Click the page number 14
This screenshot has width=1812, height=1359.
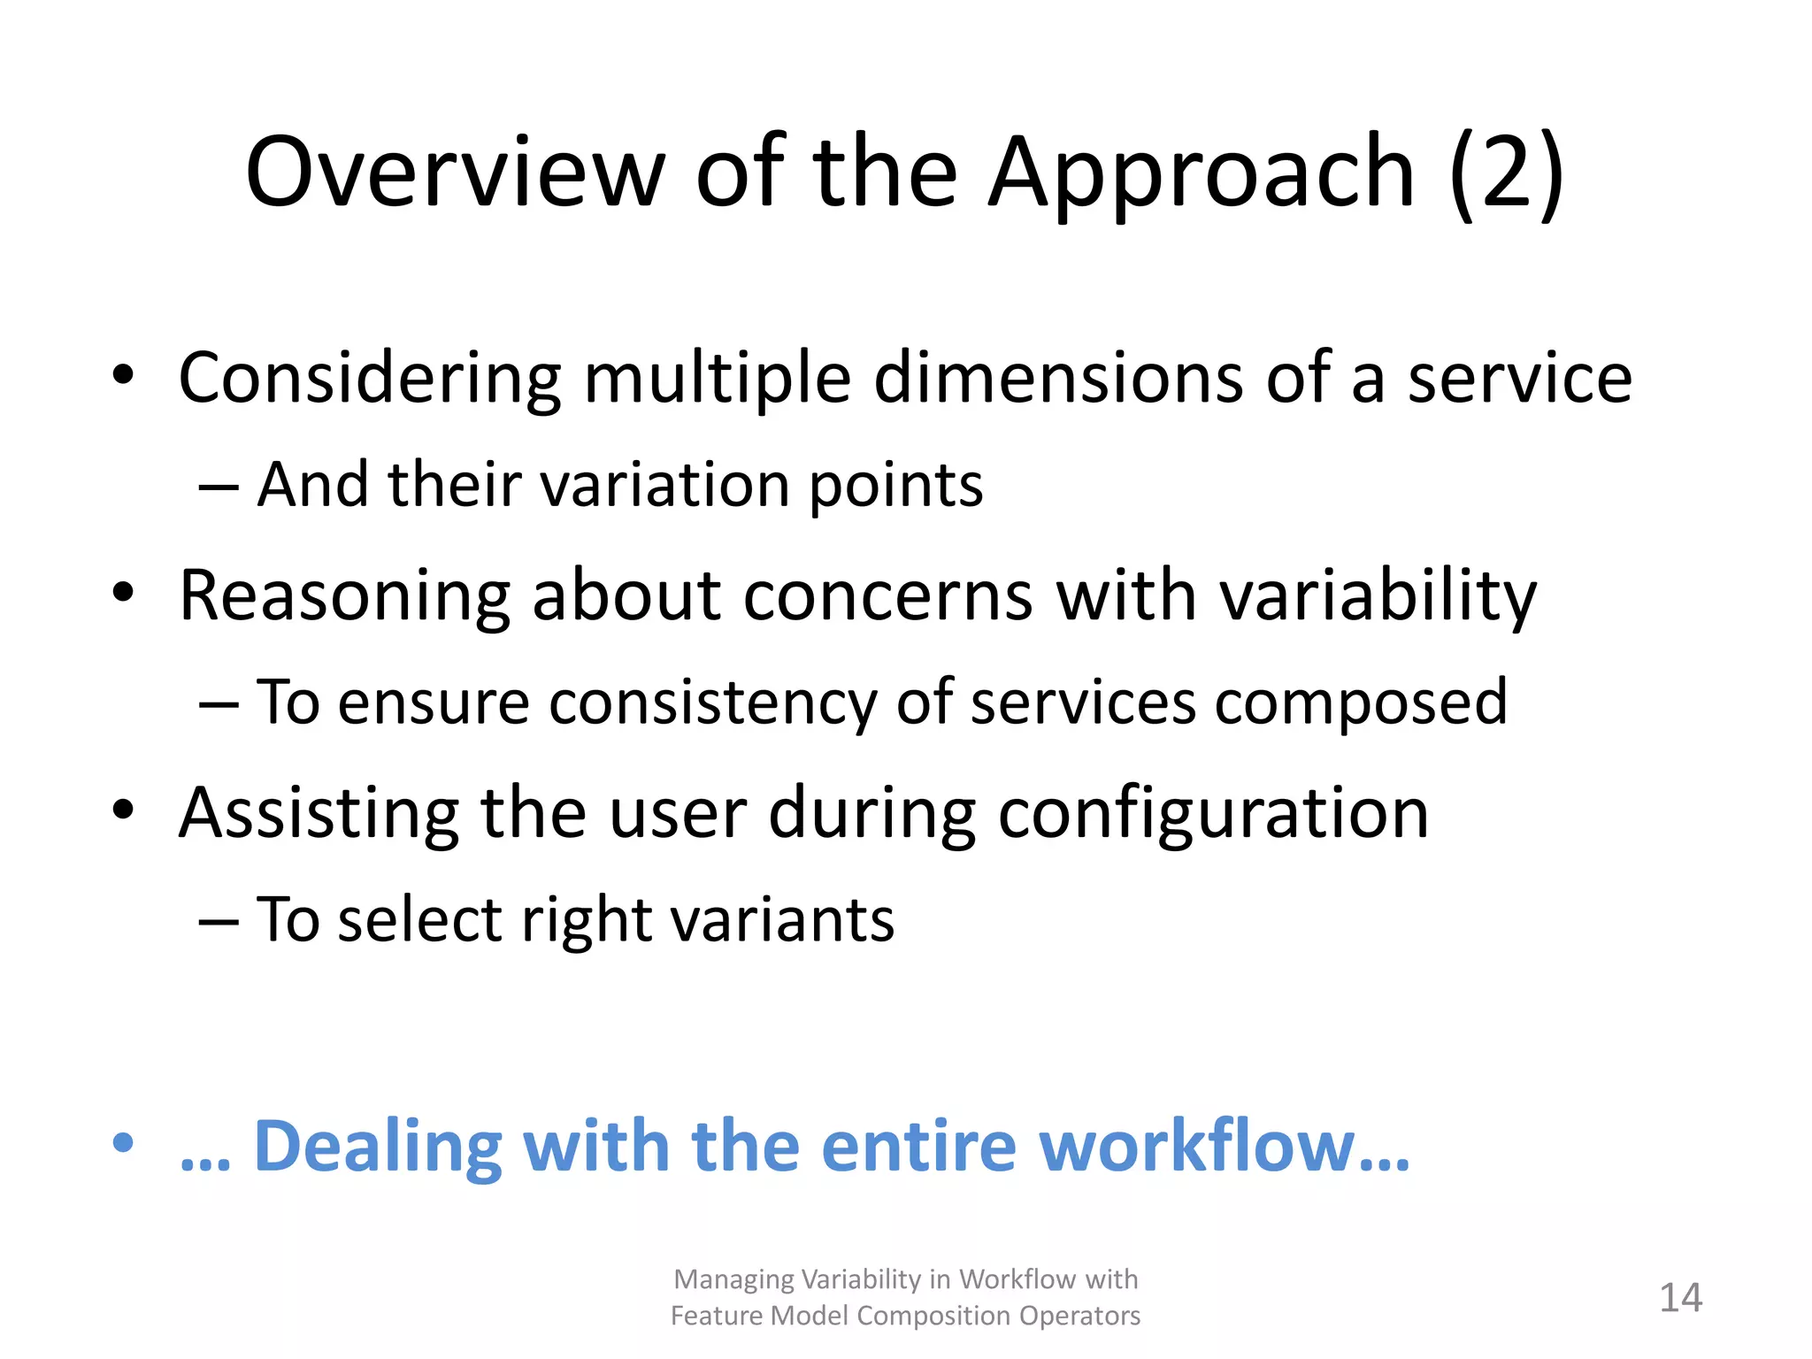pos(1680,1298)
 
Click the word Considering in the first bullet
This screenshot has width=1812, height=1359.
pos(370,379)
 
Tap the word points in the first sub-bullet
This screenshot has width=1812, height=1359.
pos(895,487)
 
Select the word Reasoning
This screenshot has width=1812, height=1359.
pos(345,597)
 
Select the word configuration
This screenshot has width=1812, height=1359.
pos(1213,814)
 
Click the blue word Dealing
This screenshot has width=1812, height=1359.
pos(378,1147)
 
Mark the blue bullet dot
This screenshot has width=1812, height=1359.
pos(123,1142)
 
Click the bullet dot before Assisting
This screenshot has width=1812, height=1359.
pos(123,809)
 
